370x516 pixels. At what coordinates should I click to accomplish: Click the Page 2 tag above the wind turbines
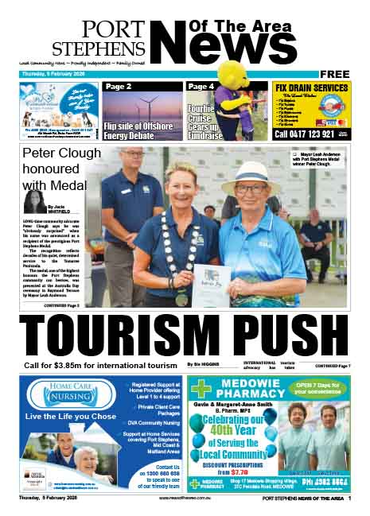pos(119,87)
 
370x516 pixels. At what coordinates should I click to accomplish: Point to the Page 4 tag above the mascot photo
pos(201,87)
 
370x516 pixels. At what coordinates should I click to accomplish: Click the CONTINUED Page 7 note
pos(331,366)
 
